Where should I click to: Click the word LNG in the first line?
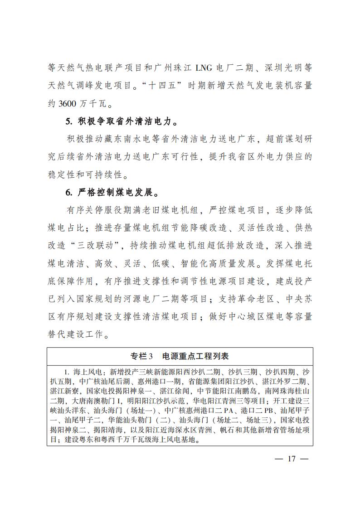coord(207,68)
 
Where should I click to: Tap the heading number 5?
coord(68,121)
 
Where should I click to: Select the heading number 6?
coord(68,192)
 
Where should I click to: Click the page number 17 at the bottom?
coord(292,459)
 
